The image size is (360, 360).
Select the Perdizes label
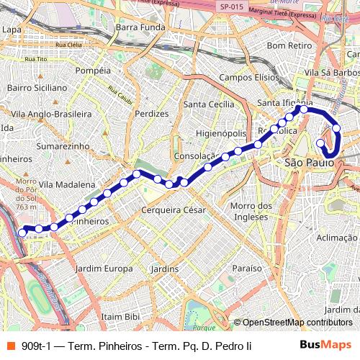tap(151, 113)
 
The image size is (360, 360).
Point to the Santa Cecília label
tap(209, 104)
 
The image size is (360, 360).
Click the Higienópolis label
tap(221, 134)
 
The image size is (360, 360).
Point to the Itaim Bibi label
tap(120, 316)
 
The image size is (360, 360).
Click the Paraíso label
tap(247, 268)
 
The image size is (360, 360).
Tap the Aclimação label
tap(336, 238)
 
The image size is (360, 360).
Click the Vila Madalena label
tap(67, 184)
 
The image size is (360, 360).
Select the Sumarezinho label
tap(63, 145)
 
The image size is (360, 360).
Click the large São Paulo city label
tap(310, 163)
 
